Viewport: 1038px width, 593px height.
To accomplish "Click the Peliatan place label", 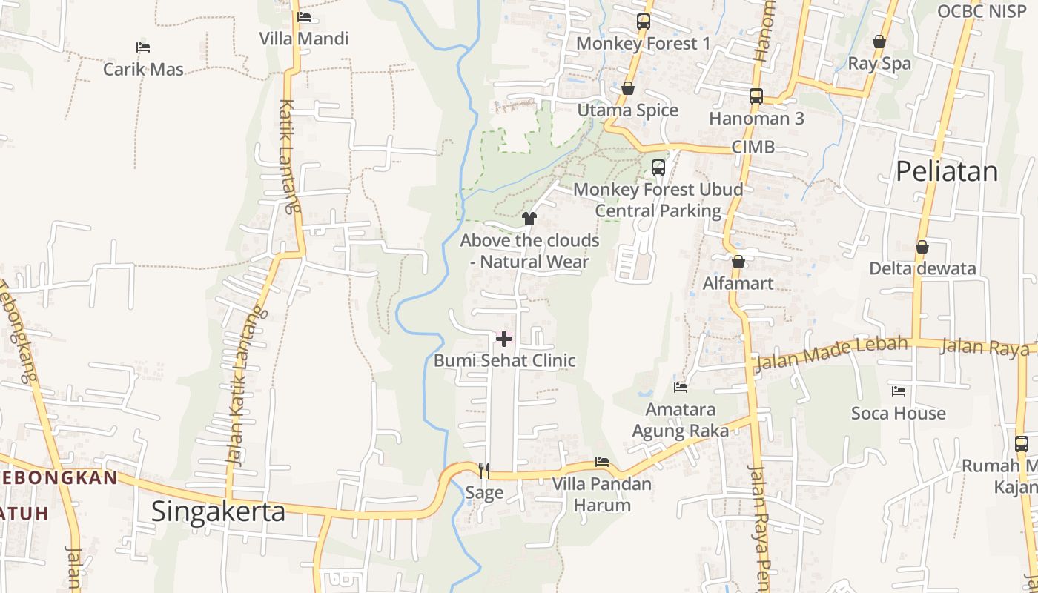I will tap(947, 171).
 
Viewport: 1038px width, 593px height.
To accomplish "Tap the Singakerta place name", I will tap(218, 511).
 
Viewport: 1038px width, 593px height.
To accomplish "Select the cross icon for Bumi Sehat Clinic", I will tap(504, 339).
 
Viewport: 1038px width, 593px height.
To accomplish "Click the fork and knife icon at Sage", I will tap(484, 470).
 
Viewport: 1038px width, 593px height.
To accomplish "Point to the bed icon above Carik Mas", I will tap(143, 47).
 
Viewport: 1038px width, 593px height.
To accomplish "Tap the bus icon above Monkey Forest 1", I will tap(643, 21).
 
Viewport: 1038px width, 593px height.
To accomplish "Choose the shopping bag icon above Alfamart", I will tap(738, 262).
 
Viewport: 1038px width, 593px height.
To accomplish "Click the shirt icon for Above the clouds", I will tap(529, 218).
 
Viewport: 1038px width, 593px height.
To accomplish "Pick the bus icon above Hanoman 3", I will tap(756, 96).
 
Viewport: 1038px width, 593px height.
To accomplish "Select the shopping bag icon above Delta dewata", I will tap(922, 247).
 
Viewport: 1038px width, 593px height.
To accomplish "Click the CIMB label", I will tap(753, 147).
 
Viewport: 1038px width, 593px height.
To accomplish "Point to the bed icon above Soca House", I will tap(899, 391).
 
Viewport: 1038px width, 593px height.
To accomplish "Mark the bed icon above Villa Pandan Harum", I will tap(602, 462).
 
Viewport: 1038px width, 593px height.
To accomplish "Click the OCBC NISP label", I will tap(981, 11).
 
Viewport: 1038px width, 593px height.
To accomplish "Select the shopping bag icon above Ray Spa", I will tap(879, 42).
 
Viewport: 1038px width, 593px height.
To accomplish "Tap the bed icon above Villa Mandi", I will tap(303, 16).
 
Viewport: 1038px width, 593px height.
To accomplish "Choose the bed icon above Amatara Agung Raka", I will tap(681, 387).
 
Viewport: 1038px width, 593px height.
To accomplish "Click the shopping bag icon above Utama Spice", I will tap(628, 88).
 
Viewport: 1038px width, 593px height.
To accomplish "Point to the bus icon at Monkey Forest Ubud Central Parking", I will tap(658, 167).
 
